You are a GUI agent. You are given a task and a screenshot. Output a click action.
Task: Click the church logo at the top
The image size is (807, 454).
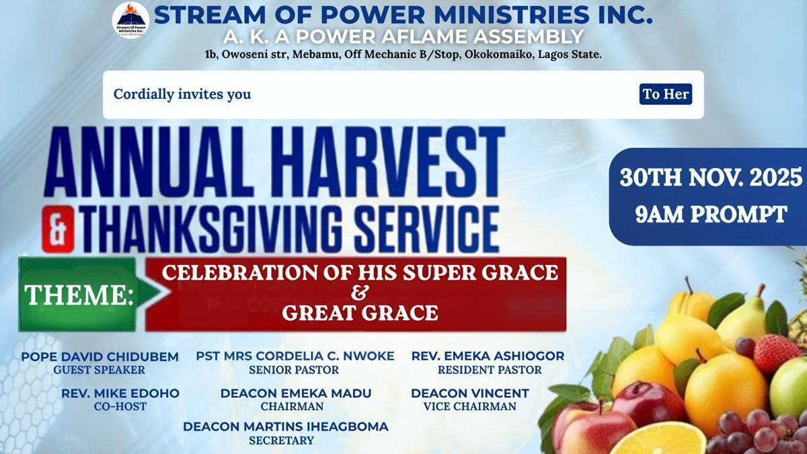130,20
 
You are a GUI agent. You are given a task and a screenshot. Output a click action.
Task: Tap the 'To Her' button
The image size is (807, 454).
666,94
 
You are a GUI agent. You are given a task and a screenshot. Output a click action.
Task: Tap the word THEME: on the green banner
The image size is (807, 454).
79,295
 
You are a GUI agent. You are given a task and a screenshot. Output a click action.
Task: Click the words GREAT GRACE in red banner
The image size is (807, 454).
360,312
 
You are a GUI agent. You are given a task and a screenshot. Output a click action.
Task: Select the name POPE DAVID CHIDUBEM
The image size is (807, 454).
100,356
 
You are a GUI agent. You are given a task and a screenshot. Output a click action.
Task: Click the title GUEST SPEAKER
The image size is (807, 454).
99,370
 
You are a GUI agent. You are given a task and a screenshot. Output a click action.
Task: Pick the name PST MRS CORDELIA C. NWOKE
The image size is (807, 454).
295,356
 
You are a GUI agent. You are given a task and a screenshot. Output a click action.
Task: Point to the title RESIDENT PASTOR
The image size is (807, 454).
490,370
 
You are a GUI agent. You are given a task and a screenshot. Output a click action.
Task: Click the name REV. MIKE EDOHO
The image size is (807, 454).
120,393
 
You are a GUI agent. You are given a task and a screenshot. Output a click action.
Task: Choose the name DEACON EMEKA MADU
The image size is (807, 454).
296,393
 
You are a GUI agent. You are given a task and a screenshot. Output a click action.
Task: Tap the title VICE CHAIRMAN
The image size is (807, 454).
470,406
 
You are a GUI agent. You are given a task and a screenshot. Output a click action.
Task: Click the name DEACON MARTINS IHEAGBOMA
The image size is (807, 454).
286,426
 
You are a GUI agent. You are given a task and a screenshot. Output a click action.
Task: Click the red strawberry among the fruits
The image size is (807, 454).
773,353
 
